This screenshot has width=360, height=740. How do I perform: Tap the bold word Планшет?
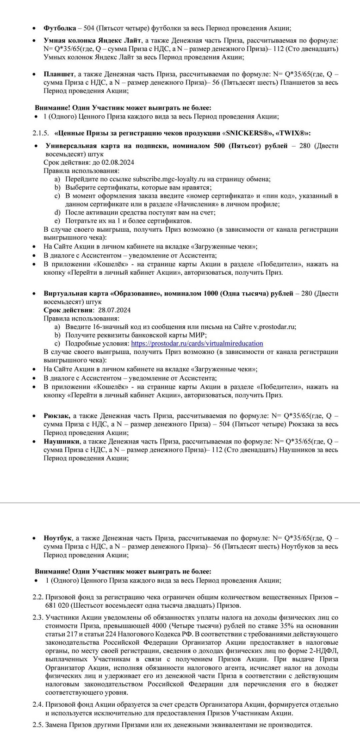click(x=59, y=74)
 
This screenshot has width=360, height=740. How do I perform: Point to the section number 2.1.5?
click(x=40, y=133)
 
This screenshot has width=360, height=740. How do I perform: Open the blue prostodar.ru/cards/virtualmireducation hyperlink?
click(x=197, y=344)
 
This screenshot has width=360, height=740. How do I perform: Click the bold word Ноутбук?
click(x=58, y=538)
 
